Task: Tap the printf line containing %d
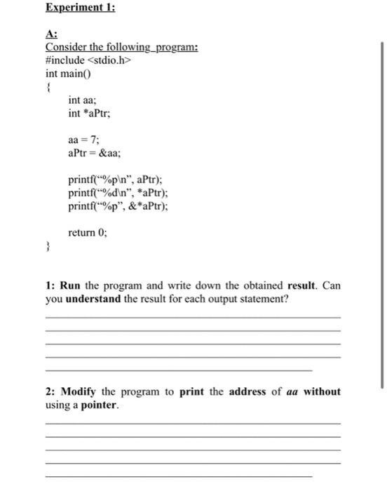click(x=118, y=193)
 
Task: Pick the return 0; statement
click(x=88, y=233)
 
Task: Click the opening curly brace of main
click(x=48, y=87)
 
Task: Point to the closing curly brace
click(x=48, y=247)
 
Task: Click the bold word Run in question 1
click(x=71, y=286)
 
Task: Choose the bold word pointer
click(x=99, y=405)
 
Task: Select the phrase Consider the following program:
click(x=121, y=48)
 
